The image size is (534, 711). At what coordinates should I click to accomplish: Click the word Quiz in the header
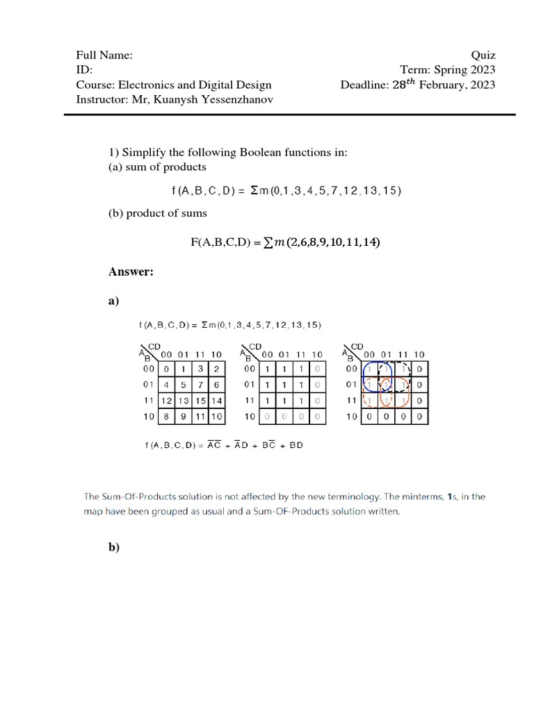[x=483, y=56]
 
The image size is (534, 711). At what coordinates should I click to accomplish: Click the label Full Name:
[x=104, y=56]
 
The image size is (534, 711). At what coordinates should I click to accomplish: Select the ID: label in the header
[x=84, y=70]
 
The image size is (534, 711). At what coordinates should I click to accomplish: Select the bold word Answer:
[x=131, y=271]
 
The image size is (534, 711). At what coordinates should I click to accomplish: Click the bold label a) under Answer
[x=114, y=301]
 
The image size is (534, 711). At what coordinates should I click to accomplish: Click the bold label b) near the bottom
[x=114, y=547]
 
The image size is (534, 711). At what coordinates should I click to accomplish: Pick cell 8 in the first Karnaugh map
[x=166, y=417]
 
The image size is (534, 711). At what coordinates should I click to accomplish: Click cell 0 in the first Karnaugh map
[x=166, y=369]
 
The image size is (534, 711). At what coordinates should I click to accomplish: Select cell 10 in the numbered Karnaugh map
[x=216, y=417]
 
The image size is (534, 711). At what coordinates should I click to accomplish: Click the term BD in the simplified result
[x=296, y=445]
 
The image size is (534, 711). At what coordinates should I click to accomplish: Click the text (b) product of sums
[x=157, y=213]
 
